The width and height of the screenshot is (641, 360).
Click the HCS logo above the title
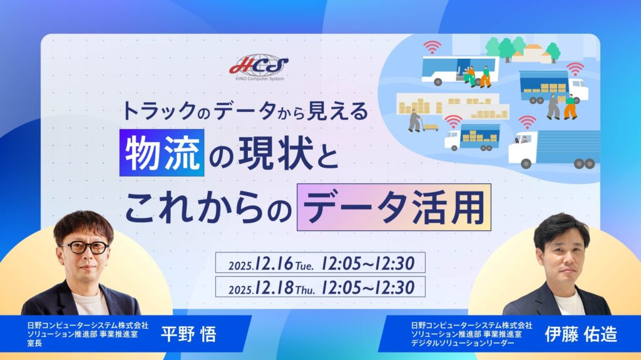[259, 68]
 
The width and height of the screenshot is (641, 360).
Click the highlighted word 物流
[162, 153]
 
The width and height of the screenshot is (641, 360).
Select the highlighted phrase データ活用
[394, 207]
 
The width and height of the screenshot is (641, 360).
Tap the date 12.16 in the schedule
[273, 264]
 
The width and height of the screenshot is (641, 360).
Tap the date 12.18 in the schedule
[273, 287]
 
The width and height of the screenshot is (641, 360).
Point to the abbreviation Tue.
[304, 266]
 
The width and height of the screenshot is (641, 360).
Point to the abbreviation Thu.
[305, 290]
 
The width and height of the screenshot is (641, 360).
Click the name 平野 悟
[188, 334]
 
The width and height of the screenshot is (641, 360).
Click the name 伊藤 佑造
[581, 334]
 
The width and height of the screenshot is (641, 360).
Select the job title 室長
[35, 343]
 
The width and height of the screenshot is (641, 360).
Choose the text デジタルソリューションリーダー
[463, 343]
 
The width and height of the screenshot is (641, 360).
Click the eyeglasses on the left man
[85, 247]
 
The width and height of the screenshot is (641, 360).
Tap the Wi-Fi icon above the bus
[432, 47]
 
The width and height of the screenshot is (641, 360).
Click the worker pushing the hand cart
[414, 121]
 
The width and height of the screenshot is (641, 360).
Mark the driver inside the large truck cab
[524, 140]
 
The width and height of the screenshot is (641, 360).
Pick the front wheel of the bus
[438, 81]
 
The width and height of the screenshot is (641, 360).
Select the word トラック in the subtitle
[160, 111]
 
